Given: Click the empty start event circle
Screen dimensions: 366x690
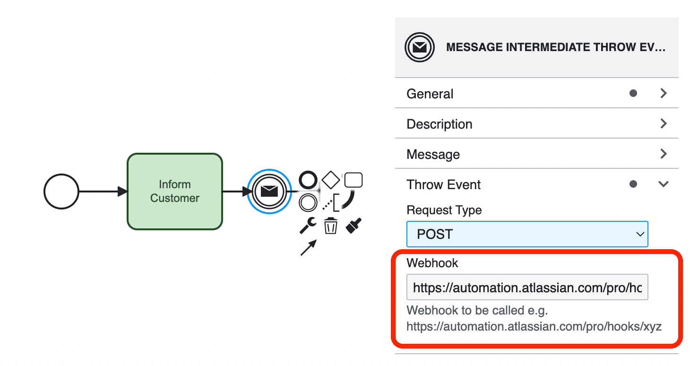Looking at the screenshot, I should pyautogui.click(x=61, y=192).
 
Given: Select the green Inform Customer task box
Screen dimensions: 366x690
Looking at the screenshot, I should pyautogui.click(x=174, y=192).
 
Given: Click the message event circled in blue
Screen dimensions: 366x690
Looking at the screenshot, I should pyautogui.click(x=269, y=192).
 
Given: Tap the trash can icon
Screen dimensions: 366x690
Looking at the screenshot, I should pyautogui.click(x=330, y=226).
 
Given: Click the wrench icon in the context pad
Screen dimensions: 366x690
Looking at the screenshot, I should pyautogui.click(x=308, y=225).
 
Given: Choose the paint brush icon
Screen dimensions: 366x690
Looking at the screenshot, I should pyautogui.click(x=354, y=226).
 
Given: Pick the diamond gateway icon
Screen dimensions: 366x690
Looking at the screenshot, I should pyautogui.click(x=331, y=180).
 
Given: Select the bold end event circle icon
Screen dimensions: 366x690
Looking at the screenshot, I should pyautogui.click(x=308, y=180).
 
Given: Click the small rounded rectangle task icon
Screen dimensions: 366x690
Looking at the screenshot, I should pyautogui.click(x=354, y=180).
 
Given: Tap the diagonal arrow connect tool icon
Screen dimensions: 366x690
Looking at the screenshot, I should pyautogui.click(x=308, y=247).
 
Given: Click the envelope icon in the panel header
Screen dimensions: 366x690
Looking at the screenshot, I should pyautogui.click(x=419, y=47).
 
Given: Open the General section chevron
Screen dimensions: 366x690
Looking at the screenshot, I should pyautogui.click(x=664, y=93).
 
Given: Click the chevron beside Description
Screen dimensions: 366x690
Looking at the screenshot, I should pyautogui.click(x=664, y=123).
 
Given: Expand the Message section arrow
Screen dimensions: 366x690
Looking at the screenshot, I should pyautogui.click(x=664, y=154).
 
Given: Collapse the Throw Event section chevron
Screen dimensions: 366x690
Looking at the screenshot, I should pyautogui.click(x=664, y=184).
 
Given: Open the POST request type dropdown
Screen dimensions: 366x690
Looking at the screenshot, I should pyautogui.click(x=527, y=234).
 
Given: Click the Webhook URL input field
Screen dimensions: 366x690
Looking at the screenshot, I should pyautogui.click(x=527, y=287).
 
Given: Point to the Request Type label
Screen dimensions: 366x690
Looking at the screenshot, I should pyautogui.click(x=444, y=210).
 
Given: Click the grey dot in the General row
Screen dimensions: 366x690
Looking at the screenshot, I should pyautogui.click(x=633, y=93).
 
